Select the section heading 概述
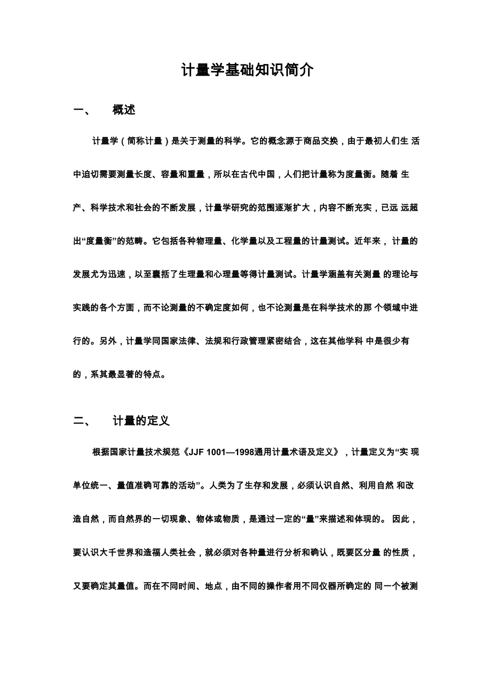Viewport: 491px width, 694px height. pos(124,110)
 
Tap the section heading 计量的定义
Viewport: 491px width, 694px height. pos(141,421)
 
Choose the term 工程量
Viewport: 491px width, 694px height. pos(304,241)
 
